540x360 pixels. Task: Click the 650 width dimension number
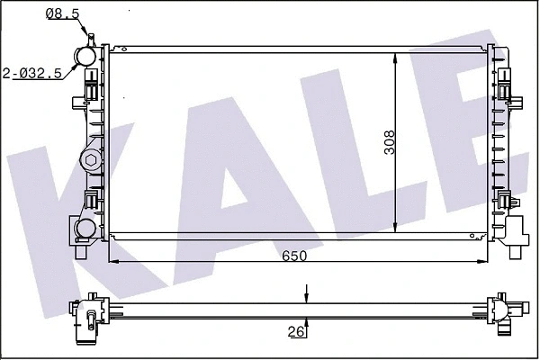(295, 256)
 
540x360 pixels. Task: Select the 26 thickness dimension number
(295, 331)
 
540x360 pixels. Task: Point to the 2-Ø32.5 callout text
(32, 74)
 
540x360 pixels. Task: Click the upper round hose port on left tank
(87, 56)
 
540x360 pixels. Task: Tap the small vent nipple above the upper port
(91, 36)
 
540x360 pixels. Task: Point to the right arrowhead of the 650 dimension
(484, 262)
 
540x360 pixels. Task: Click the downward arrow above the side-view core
(308, 296)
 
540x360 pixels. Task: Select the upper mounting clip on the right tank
(507, 91)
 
